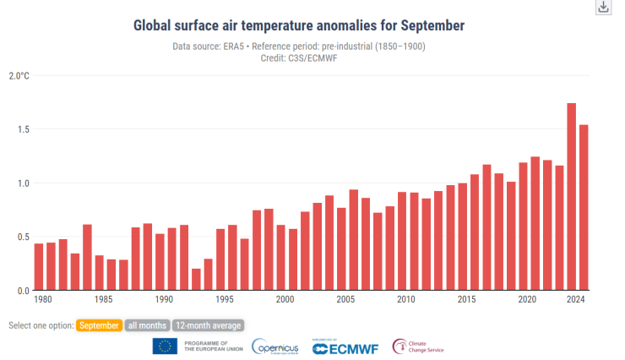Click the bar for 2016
tap(486, 227)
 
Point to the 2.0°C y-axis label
tap(19, 76)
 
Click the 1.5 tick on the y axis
tap(21, 129)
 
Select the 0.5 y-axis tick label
tap(21, 237)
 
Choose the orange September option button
tap(99, 325)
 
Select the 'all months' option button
tap(147, 325)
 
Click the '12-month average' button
tap(209, 325)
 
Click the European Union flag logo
tap(165, 346)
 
